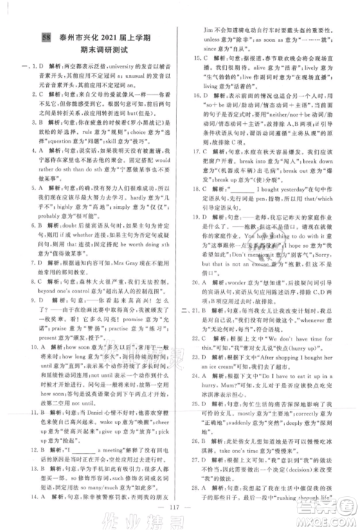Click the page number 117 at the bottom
[180, 502]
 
